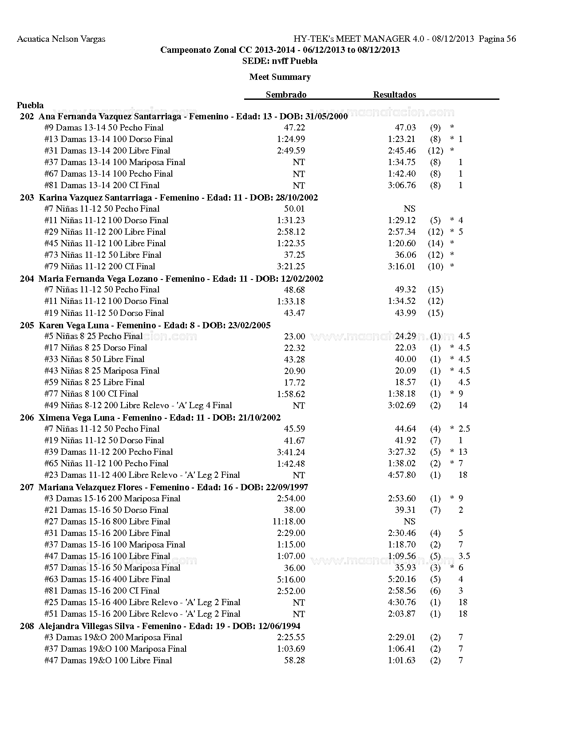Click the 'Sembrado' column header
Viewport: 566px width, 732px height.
(x=286, y=94)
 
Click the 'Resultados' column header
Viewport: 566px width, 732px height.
(x=394, y=94)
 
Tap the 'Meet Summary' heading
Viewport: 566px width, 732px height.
(x=280, y=77)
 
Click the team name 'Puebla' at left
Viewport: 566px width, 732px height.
(x=30, y=105)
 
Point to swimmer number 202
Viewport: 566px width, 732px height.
(x=27, y=117)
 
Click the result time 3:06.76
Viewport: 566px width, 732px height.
(x=401, y=185)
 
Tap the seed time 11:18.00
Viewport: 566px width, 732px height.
(x=289, y=521)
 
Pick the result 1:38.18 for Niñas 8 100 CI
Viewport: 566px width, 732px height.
(x=401, y=394)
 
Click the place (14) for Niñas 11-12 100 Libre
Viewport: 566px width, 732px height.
(x=435, y=243)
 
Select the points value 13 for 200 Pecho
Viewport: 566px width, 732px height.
(x=463, y=452)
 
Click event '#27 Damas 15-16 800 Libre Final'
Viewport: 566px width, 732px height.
(x=107, y=521)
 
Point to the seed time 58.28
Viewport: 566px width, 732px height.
(x=294, y=660)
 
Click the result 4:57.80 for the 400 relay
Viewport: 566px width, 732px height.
(x=401, y=475)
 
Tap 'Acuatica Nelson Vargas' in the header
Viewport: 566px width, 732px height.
(x=61, y=39)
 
